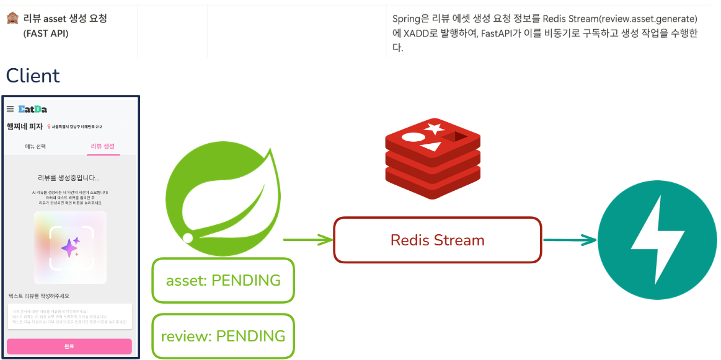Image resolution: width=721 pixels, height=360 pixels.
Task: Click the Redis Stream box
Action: (437, 240)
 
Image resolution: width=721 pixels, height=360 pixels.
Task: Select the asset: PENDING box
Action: (223, 280)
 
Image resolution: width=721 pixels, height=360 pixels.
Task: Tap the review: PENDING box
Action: (223, 336)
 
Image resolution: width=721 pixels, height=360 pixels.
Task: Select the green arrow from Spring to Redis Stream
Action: (307, 239)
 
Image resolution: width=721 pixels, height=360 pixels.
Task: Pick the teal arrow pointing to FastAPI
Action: (568, 239)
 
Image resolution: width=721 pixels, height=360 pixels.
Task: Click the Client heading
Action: (33, 76)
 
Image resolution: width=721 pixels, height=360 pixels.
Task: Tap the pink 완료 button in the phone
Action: (69, 346)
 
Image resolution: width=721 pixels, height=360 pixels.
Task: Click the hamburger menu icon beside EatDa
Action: (10, 109)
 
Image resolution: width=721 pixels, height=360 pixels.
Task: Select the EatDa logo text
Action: (32, 109)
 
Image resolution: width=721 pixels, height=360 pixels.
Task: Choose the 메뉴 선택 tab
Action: (35, 146)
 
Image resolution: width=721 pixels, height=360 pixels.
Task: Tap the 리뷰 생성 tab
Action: (103, 146)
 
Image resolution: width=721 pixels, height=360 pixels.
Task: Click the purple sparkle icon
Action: (70, 247)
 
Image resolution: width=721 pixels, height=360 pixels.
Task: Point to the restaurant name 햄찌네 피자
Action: (25, 127)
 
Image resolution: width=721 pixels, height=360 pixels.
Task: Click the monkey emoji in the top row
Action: (12, 19)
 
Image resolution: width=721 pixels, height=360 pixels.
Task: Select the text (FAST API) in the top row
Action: (46, 33)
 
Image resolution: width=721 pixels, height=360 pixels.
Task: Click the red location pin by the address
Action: (49, 127)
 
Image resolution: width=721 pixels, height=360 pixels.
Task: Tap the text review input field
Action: (69, 316)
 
